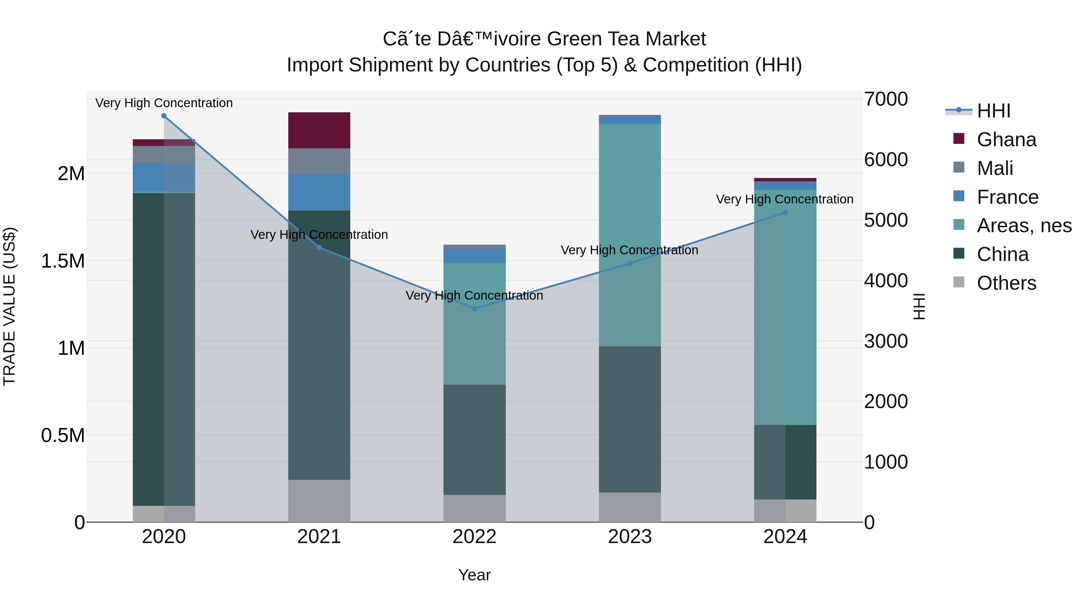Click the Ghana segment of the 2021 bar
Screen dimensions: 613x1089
319,130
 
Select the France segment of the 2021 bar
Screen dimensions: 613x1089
319,192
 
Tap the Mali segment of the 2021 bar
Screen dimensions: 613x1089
319,161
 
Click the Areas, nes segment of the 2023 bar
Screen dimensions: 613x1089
630,235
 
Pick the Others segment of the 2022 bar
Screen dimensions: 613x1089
474,509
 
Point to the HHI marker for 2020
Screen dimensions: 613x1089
164,116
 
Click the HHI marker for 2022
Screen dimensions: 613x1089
474,309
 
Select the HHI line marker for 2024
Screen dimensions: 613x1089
785,213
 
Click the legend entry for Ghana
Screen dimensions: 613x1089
1006,140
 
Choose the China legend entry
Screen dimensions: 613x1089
1002,254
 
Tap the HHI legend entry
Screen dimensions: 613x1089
993,111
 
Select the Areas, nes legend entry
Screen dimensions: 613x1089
1024,226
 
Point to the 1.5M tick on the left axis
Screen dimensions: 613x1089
63,261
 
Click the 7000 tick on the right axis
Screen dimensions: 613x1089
886,99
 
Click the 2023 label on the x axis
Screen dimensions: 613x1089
630,537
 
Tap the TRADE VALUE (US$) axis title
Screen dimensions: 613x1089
9,307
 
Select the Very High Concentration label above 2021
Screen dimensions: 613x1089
319,235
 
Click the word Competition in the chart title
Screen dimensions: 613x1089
695,65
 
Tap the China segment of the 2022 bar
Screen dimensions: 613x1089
474,440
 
